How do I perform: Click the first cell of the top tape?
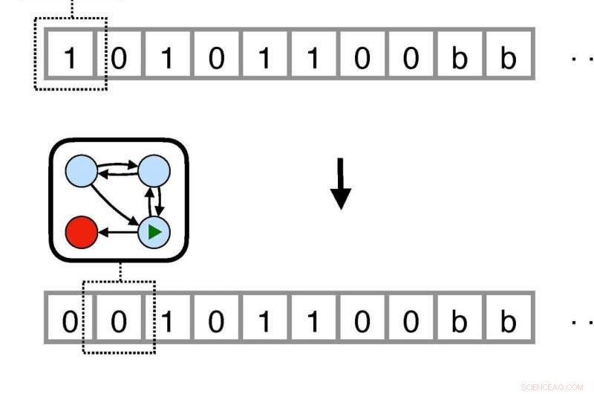tap(70, 55)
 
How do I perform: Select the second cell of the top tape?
tap(119, 55)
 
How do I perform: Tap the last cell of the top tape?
tap(508, 55)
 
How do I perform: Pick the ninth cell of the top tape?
tap(460, 55)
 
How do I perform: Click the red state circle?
tap(82, 233)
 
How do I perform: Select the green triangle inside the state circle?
tap(154, 233)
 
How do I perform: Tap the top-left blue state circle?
tap(82, 172)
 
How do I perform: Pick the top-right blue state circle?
tap(154, 172)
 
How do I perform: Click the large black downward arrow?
tap(340, 183)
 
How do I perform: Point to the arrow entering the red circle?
tap(117, 233)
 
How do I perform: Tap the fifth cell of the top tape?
tap(264, 55)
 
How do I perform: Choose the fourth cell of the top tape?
tap(216, 55)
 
